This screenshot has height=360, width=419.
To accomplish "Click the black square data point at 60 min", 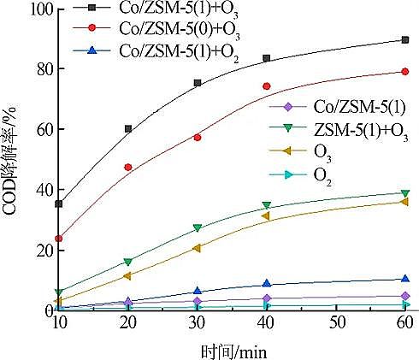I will [405, 40].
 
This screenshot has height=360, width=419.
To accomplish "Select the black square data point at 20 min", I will [128, 129].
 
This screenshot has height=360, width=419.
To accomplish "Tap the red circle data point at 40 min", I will [267, 86].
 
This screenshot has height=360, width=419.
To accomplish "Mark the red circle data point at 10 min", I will [59, 239].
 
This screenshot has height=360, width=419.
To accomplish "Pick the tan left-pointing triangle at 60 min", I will [405, 202].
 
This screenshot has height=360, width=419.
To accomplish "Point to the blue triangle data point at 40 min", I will [267, 283].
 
